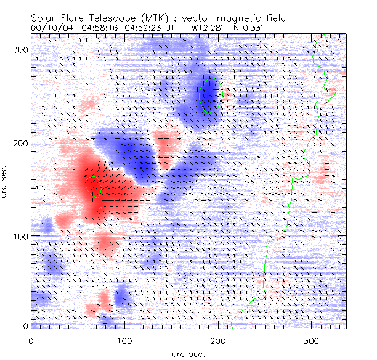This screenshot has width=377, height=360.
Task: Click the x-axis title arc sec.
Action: [188, 353]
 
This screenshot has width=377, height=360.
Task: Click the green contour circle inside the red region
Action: [92, 185]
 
